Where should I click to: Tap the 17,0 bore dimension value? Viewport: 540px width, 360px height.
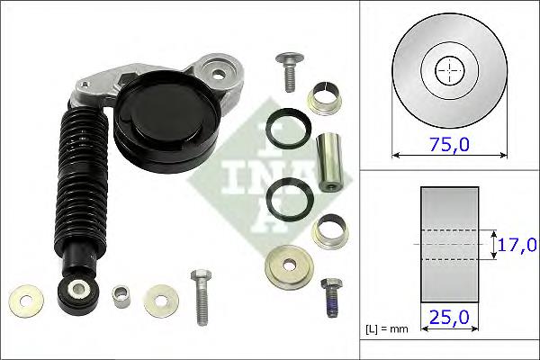[519, 244]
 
